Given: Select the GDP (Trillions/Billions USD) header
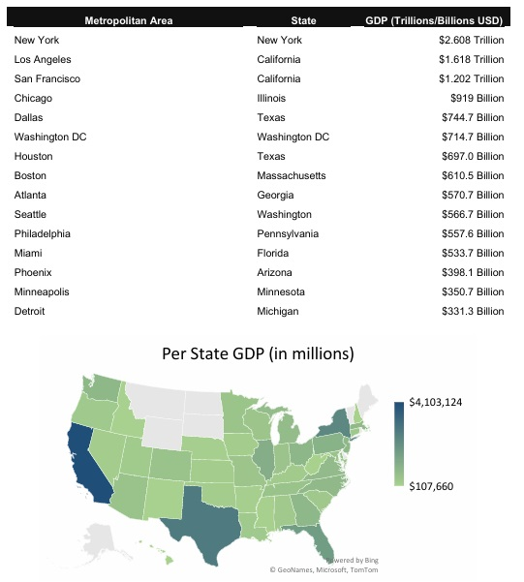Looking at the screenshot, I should tap(434, 19).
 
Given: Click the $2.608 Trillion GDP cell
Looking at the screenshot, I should tap(471, 40).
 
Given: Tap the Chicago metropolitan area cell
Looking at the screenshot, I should tap(33, 98).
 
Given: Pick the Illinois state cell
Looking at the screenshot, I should tap(272, 98).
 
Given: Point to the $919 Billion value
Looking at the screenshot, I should tap(478, 98).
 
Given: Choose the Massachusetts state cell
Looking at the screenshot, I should tap(291, 175).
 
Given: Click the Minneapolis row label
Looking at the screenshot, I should tap(42, 291).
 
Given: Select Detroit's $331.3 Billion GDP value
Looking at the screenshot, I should tap(472, 311).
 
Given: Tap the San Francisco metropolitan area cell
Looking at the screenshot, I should tap(47, 78).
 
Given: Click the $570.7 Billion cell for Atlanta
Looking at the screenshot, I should tap(472, 195).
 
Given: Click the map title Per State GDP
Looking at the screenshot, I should tap(258, 354).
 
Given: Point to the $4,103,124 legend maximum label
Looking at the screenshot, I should tap(442, 401).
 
